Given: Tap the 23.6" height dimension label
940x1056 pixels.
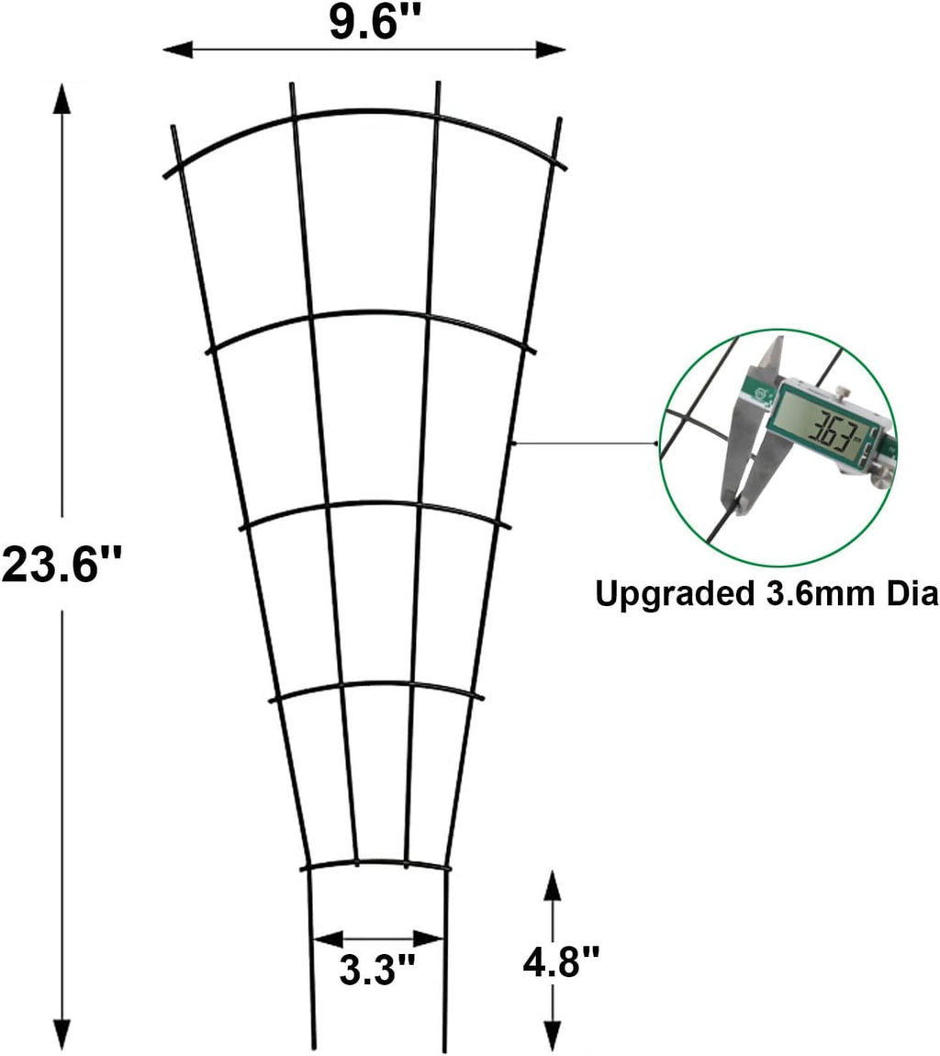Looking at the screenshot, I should click(62, 564).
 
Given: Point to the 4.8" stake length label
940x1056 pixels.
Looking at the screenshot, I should click(561, 965).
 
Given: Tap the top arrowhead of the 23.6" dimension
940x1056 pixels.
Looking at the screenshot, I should click(62, 95).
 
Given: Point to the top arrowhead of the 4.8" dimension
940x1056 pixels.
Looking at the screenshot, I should click(552, 883).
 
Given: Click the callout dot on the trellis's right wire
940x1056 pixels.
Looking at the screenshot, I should click(514, 444).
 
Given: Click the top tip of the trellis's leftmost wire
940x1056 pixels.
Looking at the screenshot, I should click(173, 127).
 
